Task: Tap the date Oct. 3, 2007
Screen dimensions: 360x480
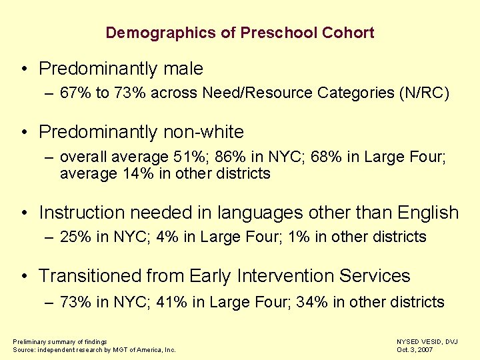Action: tap(415, 349)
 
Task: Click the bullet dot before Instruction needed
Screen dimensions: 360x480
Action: tap(23, 213)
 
